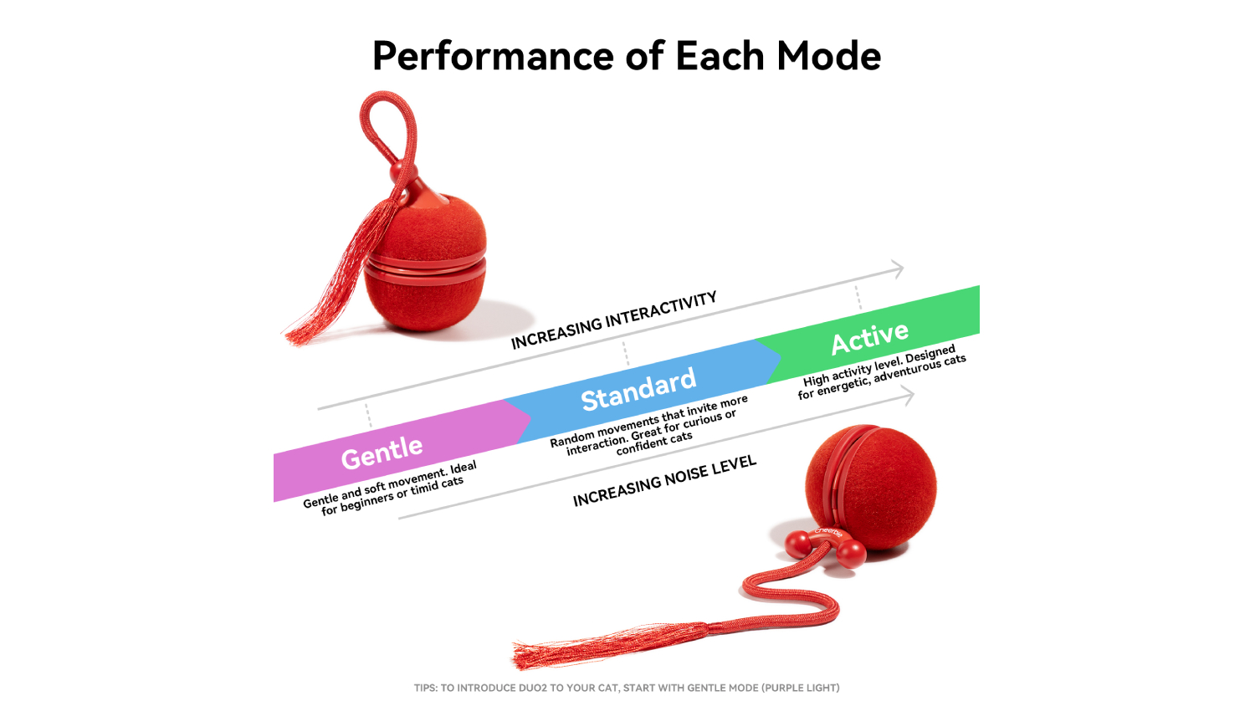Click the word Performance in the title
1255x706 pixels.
(493, 57)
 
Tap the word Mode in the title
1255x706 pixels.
(828, 56)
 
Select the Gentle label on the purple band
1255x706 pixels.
(382, 453)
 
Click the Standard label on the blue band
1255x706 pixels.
(638, 390)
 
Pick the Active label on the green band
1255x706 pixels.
(869, 338)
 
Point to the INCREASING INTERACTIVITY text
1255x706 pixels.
(613, 320)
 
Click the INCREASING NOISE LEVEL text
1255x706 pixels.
(664, 480)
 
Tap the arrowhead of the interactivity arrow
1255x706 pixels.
(898, 269)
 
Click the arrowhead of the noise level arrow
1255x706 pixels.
(908, 396)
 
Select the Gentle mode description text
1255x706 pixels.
(390, 488)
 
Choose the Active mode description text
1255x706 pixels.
(881, 372)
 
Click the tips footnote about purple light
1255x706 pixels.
(627, 688)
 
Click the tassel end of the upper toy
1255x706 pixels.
(300, 335)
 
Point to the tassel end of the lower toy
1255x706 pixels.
(530, 656)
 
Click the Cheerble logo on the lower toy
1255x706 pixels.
(828, 532)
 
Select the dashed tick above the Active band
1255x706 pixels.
(858, 298)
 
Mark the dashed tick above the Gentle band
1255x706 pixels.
(368, 415)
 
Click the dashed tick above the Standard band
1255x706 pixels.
(626, 354)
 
